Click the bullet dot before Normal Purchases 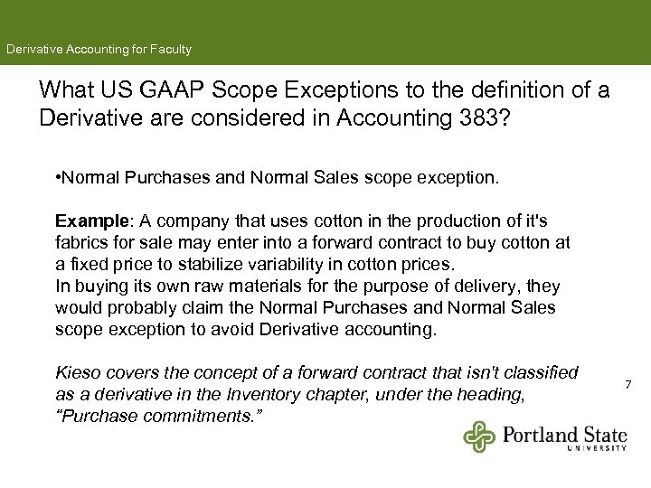(58, 178)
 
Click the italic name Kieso (77, 372)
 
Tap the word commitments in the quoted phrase (182, 416)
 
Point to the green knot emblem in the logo (480, 436)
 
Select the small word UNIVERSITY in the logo (597, 447)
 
